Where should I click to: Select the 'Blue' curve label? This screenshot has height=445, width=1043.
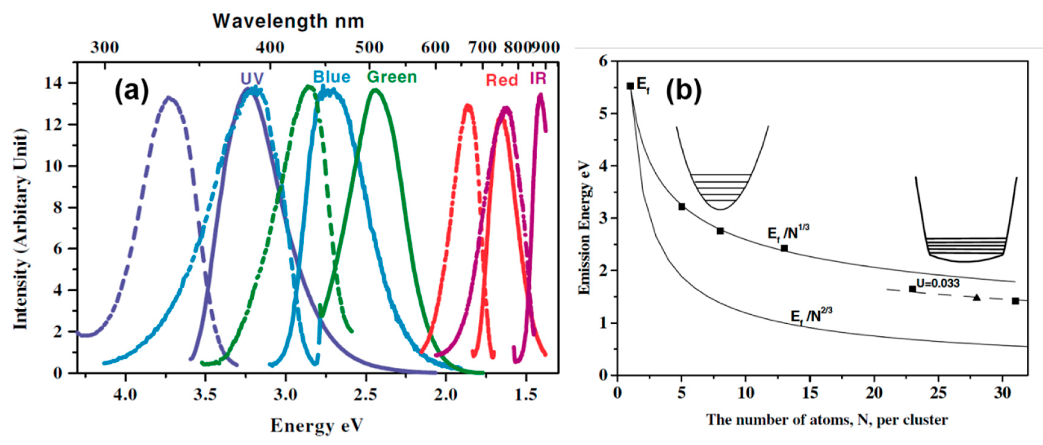tap(332, 77)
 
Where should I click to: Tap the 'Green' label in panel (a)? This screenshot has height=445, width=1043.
tap(392, 77)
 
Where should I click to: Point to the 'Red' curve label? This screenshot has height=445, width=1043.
tap(502, 80)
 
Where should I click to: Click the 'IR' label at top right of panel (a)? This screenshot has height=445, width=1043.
tap(538, 79)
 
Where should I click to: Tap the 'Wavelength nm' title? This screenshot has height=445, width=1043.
tap(288, 21)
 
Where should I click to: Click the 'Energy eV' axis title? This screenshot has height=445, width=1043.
tap(317, 425)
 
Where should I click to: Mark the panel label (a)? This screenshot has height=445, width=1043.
tap(132, 91)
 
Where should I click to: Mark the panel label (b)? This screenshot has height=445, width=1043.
tap(684, 91)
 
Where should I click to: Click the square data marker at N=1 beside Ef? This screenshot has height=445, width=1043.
tap(630, 86)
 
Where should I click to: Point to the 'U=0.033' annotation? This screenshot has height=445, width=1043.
tap(938, 283)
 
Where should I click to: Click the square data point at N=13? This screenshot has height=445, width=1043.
tap(784, 248)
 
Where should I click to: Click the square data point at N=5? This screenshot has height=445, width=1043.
tap(681, 207)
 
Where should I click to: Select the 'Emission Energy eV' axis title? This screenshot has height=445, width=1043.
tap(585, 229)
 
